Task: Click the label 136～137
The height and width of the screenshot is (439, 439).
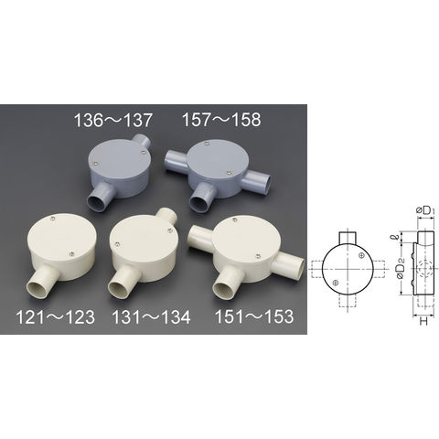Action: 112,120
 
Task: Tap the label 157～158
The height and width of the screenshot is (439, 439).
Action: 221,119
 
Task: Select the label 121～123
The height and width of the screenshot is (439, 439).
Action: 55,317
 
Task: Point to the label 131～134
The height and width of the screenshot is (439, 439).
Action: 151,317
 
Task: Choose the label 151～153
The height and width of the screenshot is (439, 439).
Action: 254,316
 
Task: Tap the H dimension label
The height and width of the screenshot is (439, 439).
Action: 423,321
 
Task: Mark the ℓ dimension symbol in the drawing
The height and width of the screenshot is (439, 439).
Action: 395,238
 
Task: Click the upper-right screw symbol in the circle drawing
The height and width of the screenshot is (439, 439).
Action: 361,255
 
